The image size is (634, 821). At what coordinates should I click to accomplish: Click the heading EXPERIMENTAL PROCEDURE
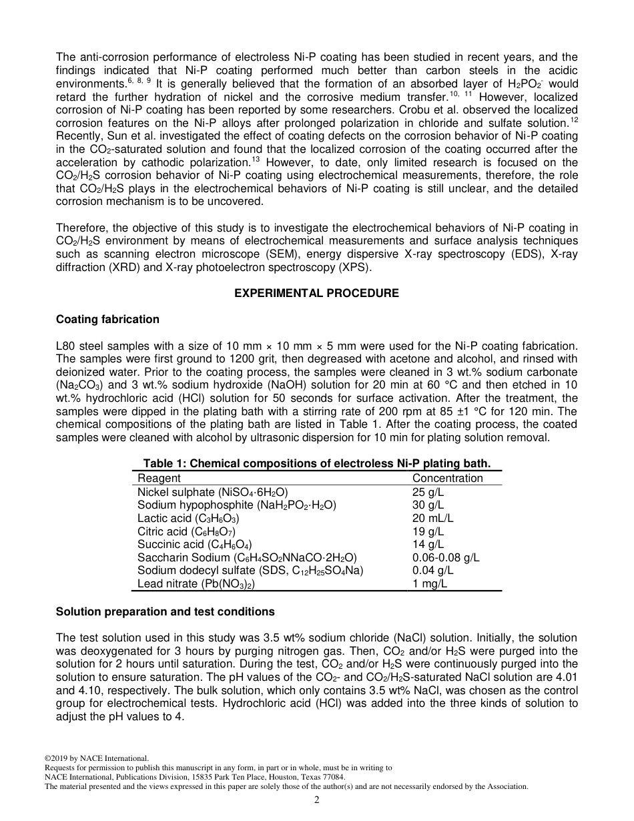pyautogui.click(x=316, y=294)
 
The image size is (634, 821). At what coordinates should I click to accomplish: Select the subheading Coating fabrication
pyautogui.click(x=107, y=320)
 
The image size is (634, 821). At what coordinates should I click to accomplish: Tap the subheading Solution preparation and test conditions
pyautogui.click(x=165, y=611)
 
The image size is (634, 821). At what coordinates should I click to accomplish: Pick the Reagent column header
pyautogui.click(x=159, y=478)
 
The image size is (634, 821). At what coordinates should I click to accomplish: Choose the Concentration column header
pyautogui.click(x=447, y=478)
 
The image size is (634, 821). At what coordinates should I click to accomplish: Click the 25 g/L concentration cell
pyautogui.click(x=428, y=492)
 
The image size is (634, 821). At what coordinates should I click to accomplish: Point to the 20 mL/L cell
pyautogui.click(x=432, y=518)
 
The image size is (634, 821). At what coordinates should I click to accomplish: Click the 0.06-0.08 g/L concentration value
pyautogui.click(x=446, y=557)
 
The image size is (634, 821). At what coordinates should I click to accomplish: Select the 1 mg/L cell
pyautogui.click(x=430, y=583)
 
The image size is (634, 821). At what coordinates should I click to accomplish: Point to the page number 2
pyautogui.click(x=317, y=800)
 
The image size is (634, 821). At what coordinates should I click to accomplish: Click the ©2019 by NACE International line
pyautogui.click(x=95, y=758)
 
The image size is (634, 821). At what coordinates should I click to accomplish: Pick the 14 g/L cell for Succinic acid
pyautogui.click(x=428, y=545)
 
